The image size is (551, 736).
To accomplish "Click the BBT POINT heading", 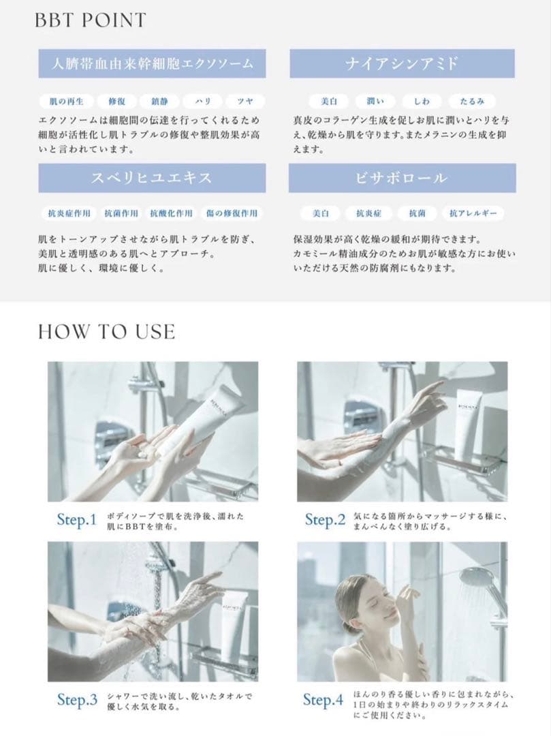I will (90, 20).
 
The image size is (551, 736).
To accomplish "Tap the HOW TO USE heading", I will (106, 332).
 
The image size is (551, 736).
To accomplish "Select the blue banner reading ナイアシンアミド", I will (402, 64).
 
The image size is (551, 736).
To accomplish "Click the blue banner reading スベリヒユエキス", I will (152, 179).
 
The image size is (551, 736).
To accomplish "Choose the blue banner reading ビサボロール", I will (402, 179).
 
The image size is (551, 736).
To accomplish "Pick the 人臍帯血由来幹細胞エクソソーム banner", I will (152, 64).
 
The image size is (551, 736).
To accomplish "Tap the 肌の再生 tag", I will (66, 101).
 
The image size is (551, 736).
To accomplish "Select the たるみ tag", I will (471, 101).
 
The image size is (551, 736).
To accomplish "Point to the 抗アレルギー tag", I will (473, 214).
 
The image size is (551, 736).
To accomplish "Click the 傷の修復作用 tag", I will (232, 214).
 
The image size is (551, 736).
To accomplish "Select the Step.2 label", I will (325, 521).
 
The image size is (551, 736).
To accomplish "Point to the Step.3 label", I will (77, 701).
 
